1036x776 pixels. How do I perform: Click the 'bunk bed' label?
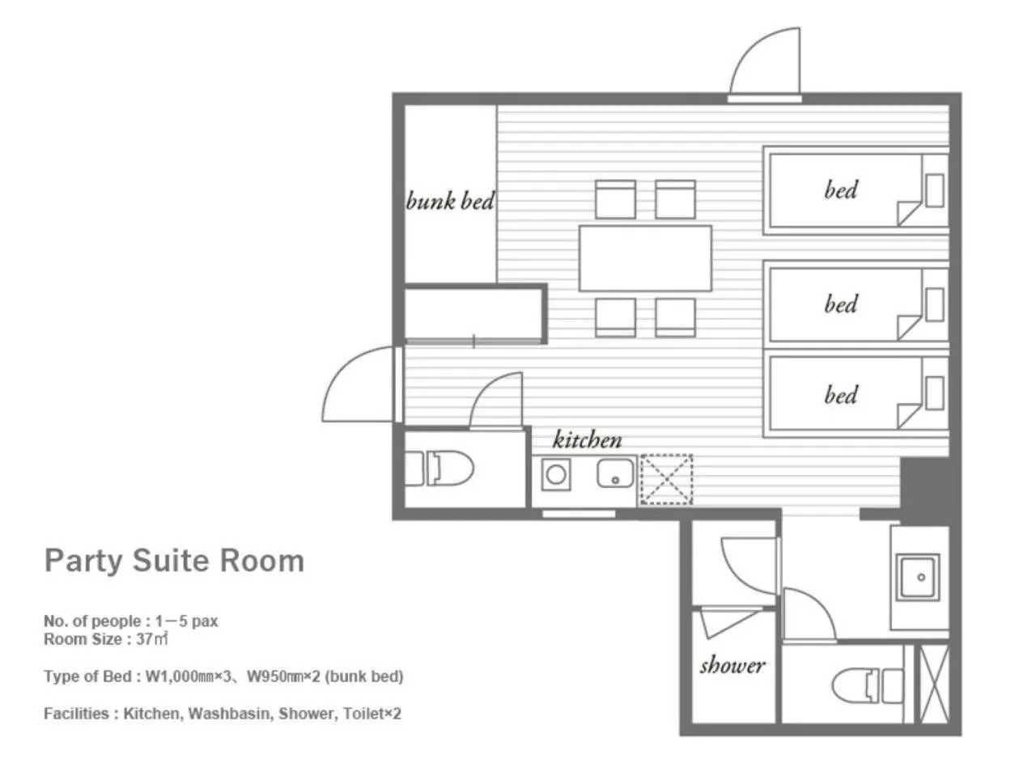[x=449, y=201]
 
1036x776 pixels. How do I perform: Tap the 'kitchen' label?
[x=587, y=439]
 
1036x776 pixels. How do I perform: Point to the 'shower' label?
[x=732, y=665]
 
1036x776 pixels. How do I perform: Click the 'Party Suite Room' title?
[x=174, y=562]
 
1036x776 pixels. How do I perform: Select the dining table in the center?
[x=645, y=258]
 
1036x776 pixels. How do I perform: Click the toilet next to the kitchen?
[x=439, y=468]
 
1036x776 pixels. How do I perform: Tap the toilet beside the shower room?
[x=868, y=686]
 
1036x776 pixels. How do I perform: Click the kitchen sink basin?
[x=615, y=473]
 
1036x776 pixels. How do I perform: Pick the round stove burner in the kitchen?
[x=555, y=474]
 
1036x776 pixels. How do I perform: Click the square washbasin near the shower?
[x=917, y=577]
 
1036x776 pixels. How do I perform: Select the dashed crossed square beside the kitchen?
[x=666, y=479]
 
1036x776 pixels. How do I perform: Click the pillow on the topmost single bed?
[x=935, y=191]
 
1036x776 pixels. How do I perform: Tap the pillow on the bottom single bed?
[x=935, y=392]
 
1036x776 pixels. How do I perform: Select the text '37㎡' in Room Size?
[x=152, y=638]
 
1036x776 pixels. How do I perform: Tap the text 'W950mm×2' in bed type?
[x=283, y=676]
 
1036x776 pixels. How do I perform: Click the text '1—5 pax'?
[x=186, y=621]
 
